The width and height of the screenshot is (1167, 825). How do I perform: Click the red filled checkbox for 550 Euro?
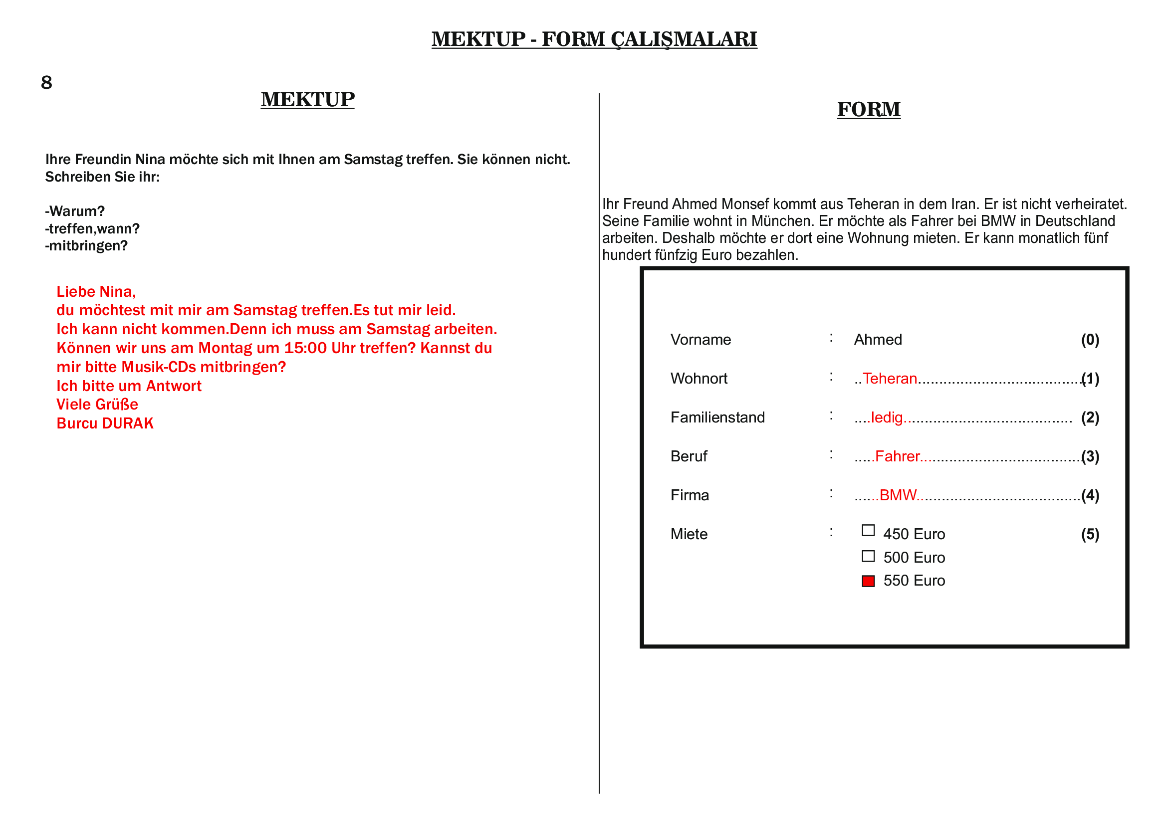pyautogui.click(x=868, y=581)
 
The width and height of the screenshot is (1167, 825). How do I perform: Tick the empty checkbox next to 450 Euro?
pyautogui.click(x=868, y=531)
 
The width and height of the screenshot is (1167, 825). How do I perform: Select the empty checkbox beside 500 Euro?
pyautogui.click(x=868, y=556)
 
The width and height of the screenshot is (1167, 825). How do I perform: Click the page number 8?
pyautogui.click(x=46, y=82)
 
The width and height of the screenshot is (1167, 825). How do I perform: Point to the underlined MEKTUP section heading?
pyautogui.click(x=307, y=100)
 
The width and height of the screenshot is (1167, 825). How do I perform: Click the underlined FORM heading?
pyautogui.click(x=869, y=110)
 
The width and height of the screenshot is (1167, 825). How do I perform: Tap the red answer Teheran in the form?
pyautogui.click(x=890, y=379)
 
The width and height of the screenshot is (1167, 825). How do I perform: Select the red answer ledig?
pyautogui.click(x=887, y=417)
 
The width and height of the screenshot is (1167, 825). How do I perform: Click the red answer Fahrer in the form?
pyautogui.click(x=897, y=456)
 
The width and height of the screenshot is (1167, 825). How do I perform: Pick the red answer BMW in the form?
pyautogui.click(x=898, y=495)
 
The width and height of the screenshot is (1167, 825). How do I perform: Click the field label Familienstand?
pyautogui.click(x=717, y=417)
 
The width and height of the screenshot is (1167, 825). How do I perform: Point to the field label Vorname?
pyautogui.click(x=700, y=340)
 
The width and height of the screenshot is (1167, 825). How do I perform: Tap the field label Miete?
pyautogui.click(x=689, y=534)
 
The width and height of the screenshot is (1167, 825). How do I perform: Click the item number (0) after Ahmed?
pyautogui.click(x=1090, y=340)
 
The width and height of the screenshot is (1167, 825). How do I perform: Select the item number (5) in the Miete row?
pyautogui.click(x=1090, y=534)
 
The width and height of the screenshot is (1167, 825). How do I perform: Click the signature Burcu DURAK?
pyautogui.click(x=105, y=423)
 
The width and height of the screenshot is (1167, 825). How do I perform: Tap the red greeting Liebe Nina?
pyautogui.click(x=96, y=292)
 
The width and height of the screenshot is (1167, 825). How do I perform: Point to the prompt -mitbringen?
pyautogui.click(x=86, y=246)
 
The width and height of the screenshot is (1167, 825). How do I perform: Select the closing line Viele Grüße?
pyautogui.click(x=97, y=405)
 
